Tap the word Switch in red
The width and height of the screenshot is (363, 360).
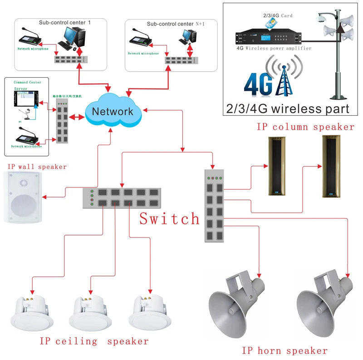pyautogui.click(x=169, y=219)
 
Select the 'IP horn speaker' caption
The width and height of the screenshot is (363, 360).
pyautogui.click(x=285, y=350)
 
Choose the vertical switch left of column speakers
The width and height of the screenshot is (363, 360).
pyautogui.click(x=214, y=205)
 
